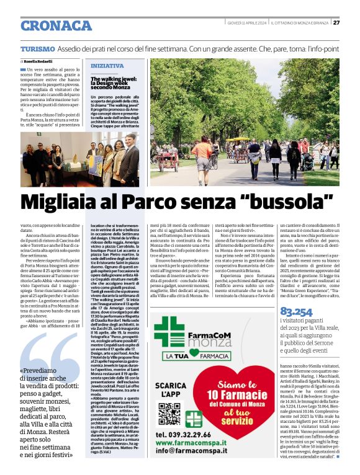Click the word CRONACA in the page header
(x=56, y=25)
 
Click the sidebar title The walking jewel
(x=110, y=82)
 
